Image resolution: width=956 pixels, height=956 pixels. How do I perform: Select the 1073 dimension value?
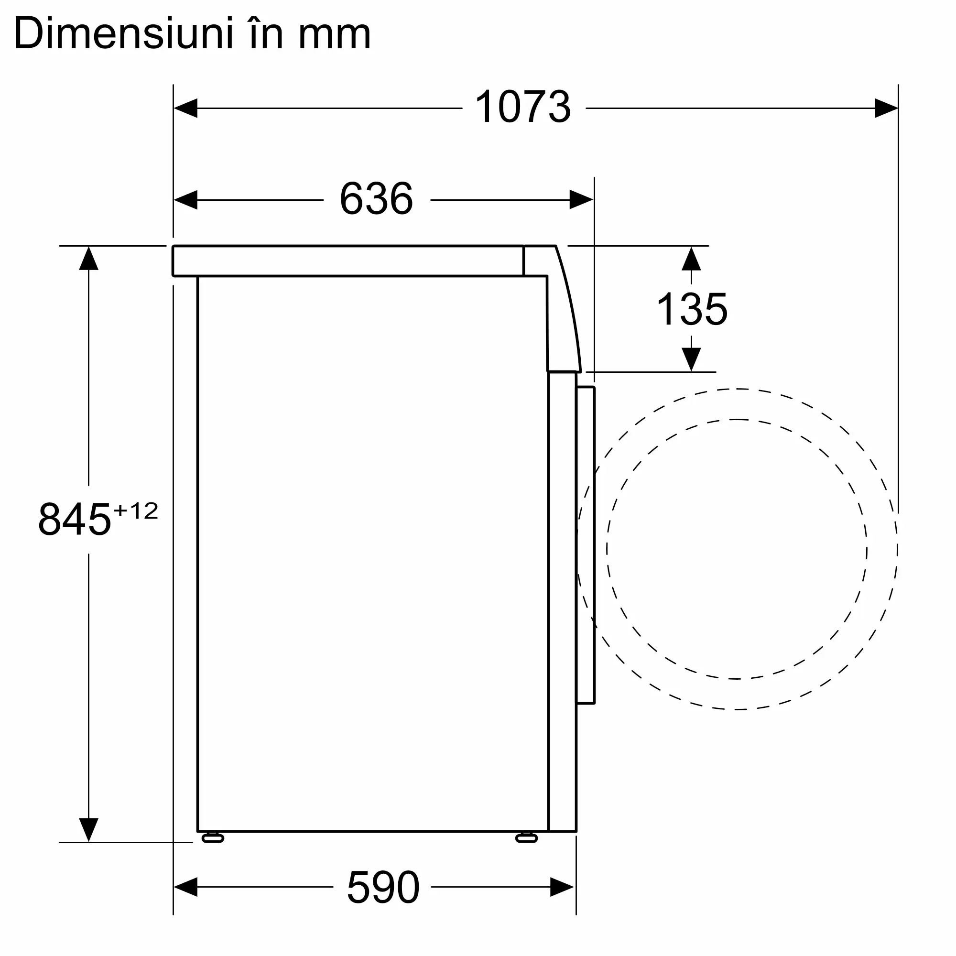point(522,107)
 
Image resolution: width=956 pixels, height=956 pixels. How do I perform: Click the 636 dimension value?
point(376,199)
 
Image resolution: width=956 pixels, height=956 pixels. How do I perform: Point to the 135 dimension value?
point(691,309)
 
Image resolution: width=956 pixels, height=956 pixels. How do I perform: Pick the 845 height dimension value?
point(74,519)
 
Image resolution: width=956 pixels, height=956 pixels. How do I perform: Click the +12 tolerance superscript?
point(136,511)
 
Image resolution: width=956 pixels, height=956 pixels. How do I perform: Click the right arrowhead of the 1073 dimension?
point(886,108)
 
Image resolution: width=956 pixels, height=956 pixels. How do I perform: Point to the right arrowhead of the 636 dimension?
point(581,200)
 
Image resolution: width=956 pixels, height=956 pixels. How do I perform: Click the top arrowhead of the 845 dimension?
point(88,259)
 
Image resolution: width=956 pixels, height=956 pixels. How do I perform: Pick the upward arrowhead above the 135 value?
point(691,259)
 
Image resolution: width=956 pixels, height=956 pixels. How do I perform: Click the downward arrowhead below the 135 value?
point(691,359)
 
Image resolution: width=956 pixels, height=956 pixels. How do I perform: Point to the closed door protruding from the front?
point(586,544)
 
